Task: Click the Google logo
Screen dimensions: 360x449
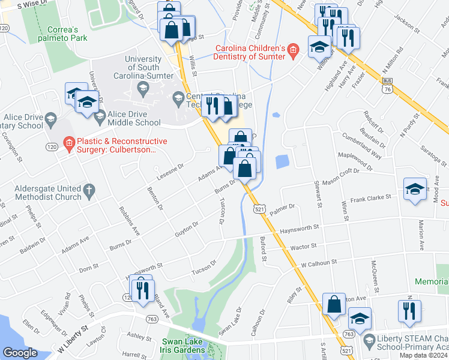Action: pos(20,353)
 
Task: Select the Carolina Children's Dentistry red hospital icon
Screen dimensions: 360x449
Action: pos(293,50)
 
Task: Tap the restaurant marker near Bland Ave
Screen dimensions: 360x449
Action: pos(142,290)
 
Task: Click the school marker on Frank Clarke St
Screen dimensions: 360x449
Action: pos(415,191)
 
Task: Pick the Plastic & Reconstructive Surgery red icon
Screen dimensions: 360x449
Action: pos(70,143)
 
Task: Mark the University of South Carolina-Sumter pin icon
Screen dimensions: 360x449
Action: pos(143,89)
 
